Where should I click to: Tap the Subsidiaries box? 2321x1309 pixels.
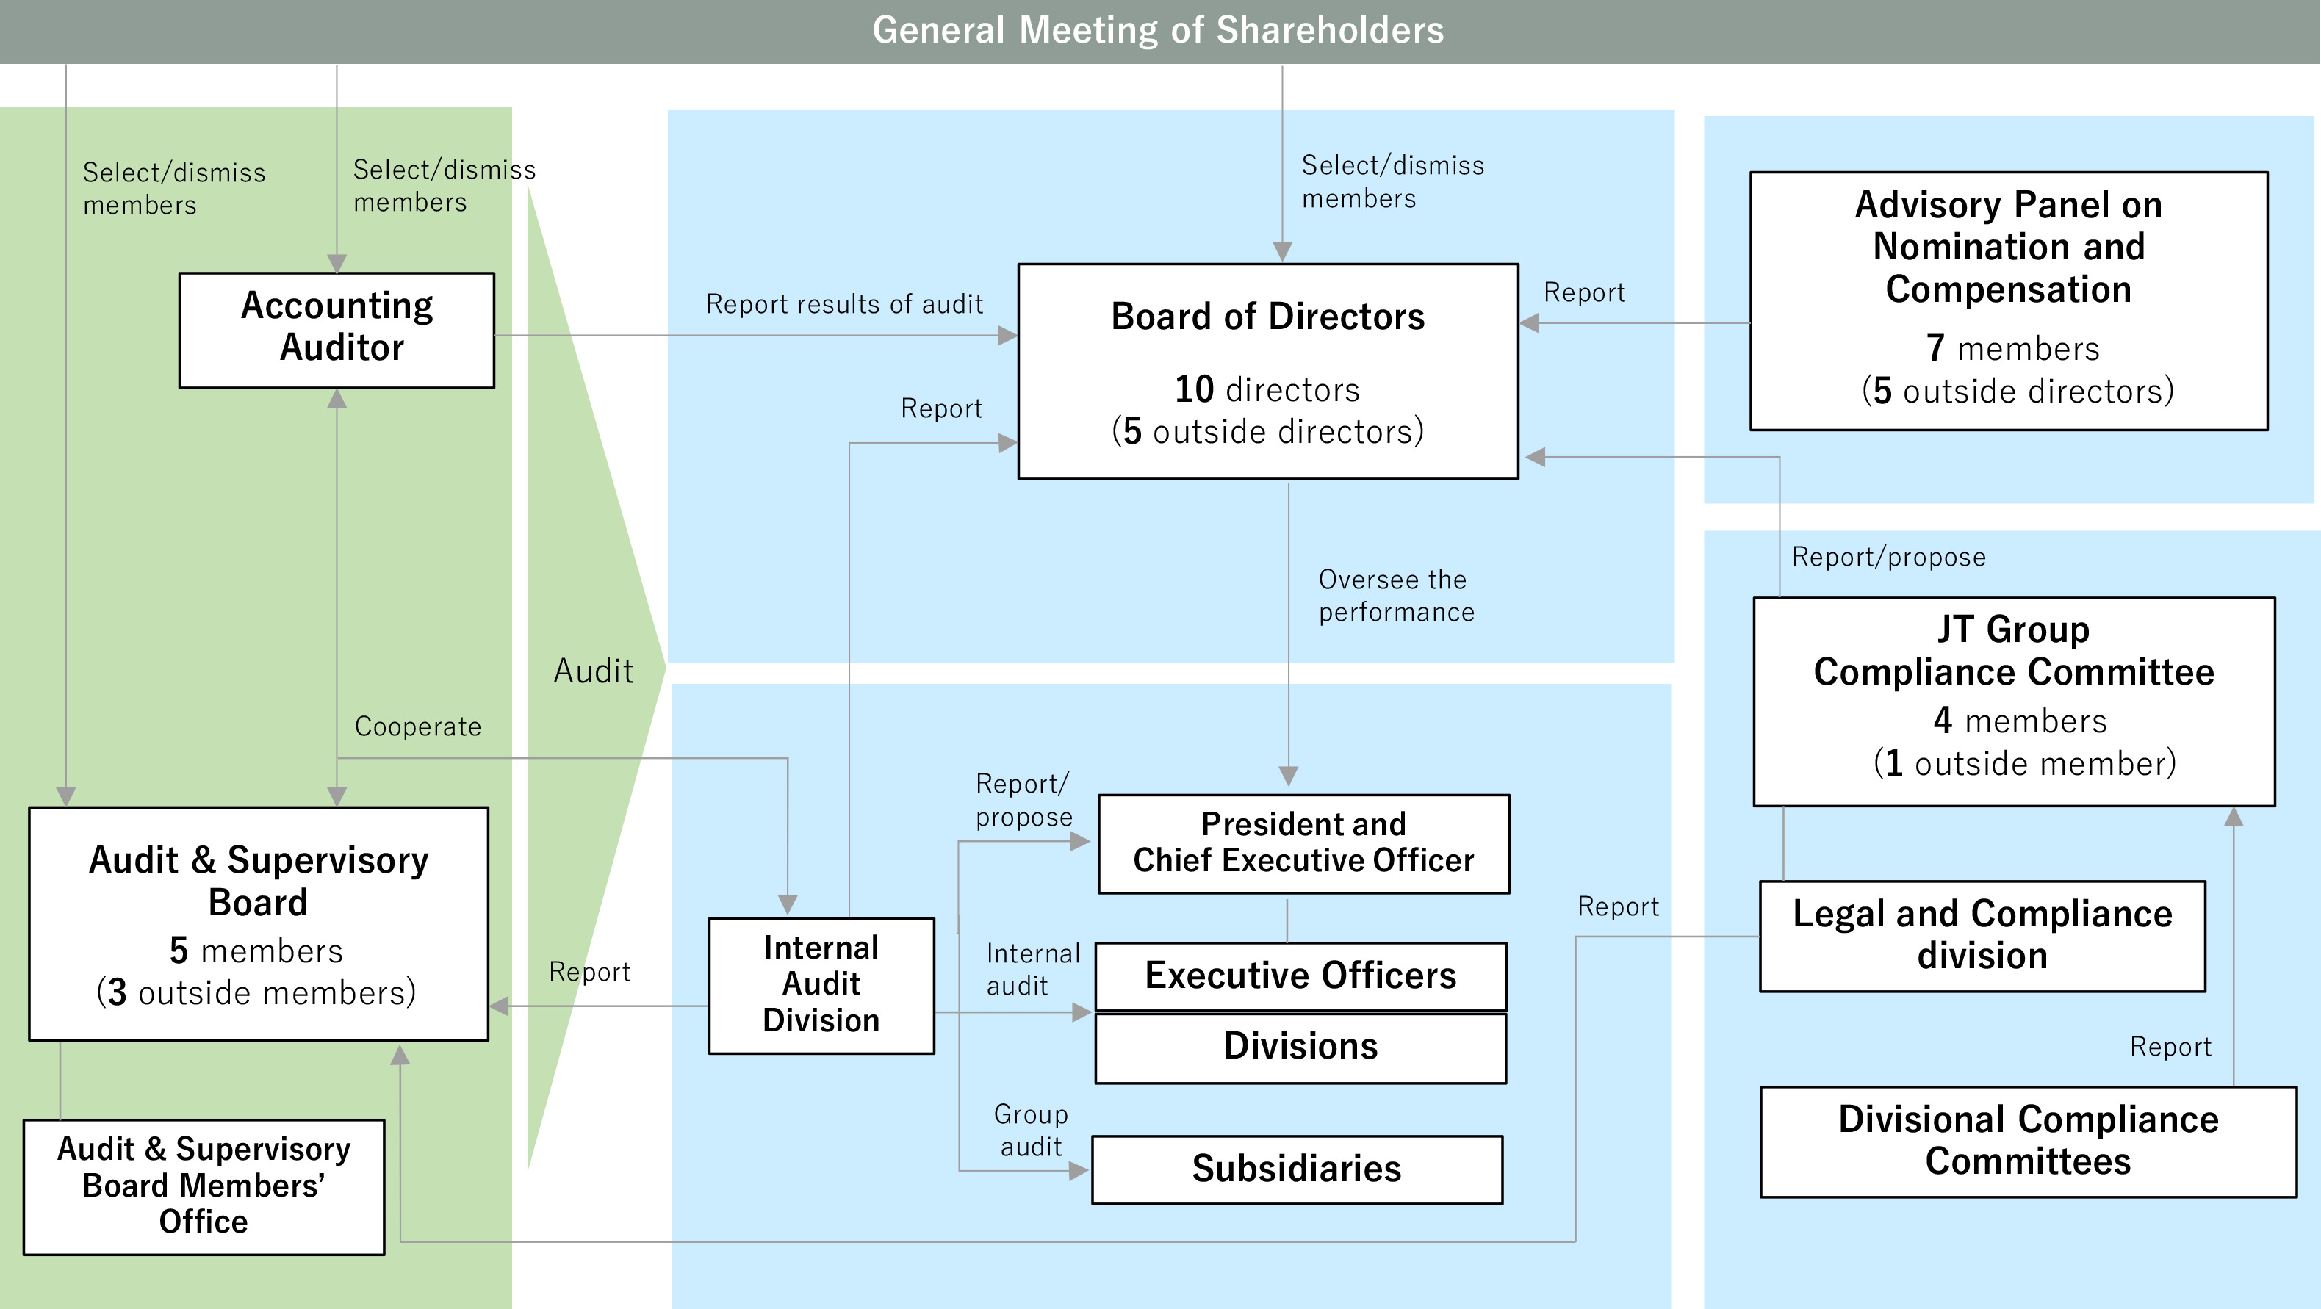pyautogui.click(x=1297, y=1169)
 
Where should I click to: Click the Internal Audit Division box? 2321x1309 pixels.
pyautogui.click(x=821, y=984)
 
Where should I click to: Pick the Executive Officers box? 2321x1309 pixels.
pyautogui.click(x=1300, y=976)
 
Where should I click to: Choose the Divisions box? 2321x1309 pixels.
pyautogui.click(x=1300, y=1047)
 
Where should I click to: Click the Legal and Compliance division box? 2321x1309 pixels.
pyautogui.click(x=1982, y=935)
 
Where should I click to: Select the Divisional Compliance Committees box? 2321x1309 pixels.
pyautogui.click(x=2028, y=1141)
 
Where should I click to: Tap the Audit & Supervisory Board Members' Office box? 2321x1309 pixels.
pyautogui.click(x=204, y=1186)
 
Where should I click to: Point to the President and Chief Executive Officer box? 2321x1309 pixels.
pyautogui.click(x=1303, y=843)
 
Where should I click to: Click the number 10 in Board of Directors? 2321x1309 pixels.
pyautogui.click(x=1194, y=390)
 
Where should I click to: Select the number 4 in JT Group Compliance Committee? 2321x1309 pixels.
pyautogui.click(x=1943, y=721)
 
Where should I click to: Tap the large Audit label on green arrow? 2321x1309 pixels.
pyautogui.click(x=594, y=671)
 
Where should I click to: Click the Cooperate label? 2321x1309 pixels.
pyautogui.click(x=418, y=727)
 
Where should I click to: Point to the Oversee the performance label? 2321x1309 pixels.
pyautogui.click(x=1396, y=596)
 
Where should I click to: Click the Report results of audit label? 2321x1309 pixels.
pyautogui.click(x=844, y=305)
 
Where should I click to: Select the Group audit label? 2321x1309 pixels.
pyautogui.click(x=1031, y=1130)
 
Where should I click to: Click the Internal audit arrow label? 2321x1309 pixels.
pyautogui.click(x=1032, y=970)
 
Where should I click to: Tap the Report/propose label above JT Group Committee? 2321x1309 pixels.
pyautogui.click(x=1888, y=558)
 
